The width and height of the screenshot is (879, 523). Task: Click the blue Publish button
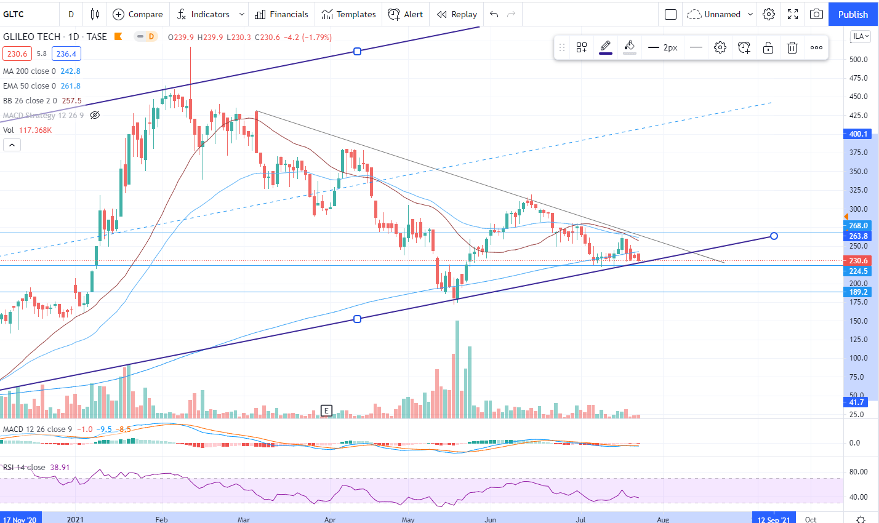[x=853, y=14]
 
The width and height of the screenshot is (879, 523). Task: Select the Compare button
[x=138, y=14]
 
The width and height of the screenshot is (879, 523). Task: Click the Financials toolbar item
[x=281, y=14]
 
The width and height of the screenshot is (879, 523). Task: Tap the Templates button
[x=348, y=14]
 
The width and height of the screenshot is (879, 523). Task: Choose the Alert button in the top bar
[x=406, y=14]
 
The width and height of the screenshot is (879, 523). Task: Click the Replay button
[x=457, y=14]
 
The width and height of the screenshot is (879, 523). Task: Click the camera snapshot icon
[x=816, y=14]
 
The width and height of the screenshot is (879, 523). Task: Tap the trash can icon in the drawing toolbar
[x=792, y=47]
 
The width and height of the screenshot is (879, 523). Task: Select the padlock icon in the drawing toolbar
[x=768, y=47]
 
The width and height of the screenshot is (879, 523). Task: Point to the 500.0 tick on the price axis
[x=858, y=60]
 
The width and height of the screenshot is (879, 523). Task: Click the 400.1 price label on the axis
[x=858, y=134]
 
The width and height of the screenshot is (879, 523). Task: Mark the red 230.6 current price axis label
[x=858, y=261]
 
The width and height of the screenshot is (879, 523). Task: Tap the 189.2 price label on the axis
[x=858, y=292]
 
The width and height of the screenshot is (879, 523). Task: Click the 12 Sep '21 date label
[x=773, y=519]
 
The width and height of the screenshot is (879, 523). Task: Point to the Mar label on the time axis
[x=244, y=519]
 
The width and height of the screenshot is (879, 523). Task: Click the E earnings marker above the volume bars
[x=326, y=410]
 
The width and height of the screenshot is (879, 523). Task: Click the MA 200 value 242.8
[x=70, y=71]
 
